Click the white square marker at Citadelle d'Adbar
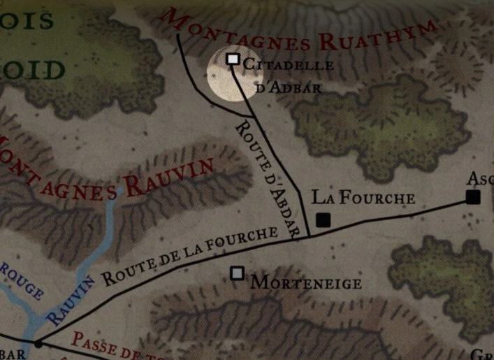[x=233, y=59]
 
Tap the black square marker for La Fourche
[x=323, y=220]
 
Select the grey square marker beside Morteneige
[x=238, y=273]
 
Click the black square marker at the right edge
[x=473, y=197]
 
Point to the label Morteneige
[x=306, y=283]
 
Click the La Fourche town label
[x=363, y=199]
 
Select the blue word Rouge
[x=21, y=281]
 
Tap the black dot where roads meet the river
[x=38, y=343]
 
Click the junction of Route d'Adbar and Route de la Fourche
[x=308, y=236]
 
